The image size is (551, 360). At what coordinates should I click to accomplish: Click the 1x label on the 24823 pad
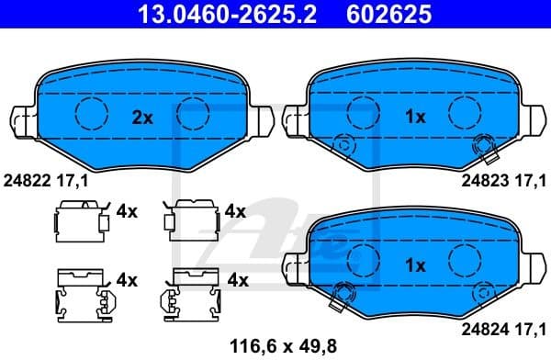[415, 117]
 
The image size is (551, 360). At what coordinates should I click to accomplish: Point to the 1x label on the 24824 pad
[415, 266]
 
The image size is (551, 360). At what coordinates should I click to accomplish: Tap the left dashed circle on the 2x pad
[91, 113]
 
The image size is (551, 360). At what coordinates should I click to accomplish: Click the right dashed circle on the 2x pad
[193, 113]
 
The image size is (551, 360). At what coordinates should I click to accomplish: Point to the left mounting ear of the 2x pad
[25, 119]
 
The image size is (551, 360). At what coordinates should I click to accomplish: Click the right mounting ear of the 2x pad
[261, 119]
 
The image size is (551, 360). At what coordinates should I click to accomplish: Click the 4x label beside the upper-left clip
[127, 212]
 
